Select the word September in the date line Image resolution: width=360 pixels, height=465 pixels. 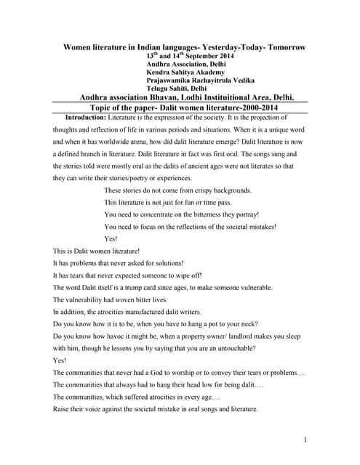point(197,57)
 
